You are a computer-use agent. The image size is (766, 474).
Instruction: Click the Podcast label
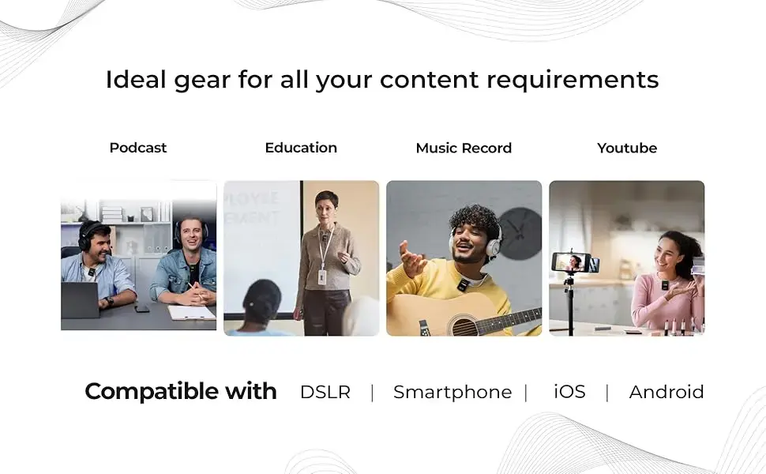[x=137, y=148]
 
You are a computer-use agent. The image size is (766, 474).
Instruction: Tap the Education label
[x=301, y=148]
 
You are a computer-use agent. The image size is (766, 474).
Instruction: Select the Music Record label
[x=464, y=148]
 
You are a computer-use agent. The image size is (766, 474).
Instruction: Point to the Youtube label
[x=627, y=148]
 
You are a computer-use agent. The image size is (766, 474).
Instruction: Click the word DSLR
[x=325, y=392]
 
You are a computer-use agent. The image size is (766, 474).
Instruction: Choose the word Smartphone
[x=452, y=393]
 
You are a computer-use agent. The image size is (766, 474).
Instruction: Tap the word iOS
[x=569, y=391]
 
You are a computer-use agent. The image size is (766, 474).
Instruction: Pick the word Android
[x=666, y=392]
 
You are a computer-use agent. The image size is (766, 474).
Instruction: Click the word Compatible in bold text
[x=152, y=392]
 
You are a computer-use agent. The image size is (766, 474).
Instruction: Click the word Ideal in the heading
[x=136, y=79]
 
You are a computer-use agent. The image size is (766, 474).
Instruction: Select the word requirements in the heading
[x=573, y=81]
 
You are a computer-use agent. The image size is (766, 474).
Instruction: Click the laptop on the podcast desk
[x=80, y=299]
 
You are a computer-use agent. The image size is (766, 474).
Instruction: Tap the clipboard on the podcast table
[x=191, y=312]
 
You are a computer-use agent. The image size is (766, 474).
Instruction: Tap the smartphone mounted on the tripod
[x=575, y=262]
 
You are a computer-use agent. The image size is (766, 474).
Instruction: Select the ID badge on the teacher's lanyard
[x=322, y=277]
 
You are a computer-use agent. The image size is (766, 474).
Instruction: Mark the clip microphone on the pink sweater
[x=664, y=285]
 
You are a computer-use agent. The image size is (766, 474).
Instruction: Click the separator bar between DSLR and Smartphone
[x=372, y=393]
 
